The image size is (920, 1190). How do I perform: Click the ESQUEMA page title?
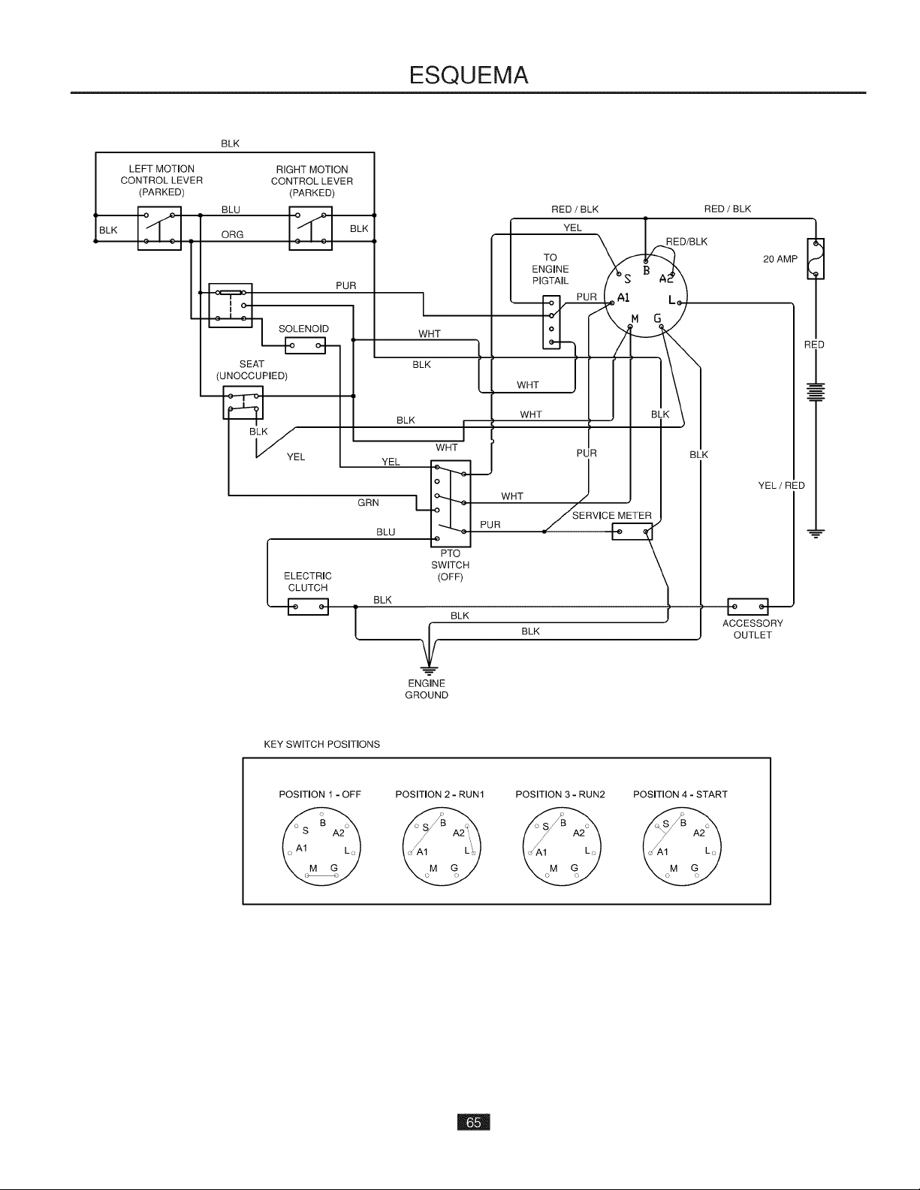coord(469,75)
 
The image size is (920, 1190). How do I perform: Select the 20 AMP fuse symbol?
coord(816,258)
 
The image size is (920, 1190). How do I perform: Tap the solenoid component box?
coord(305,345)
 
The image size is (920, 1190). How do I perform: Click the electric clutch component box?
coord(308,607)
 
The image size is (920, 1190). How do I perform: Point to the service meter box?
coord(632,532)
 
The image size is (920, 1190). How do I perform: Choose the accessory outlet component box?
coord(747,607)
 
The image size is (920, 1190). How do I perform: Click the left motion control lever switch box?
coord(159,228)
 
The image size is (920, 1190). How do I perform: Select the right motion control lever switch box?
coord(310,228)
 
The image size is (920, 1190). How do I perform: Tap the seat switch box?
coord(243,402)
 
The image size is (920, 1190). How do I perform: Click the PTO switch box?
coord(451,504)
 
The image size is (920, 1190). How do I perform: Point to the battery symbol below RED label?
coord(816,392)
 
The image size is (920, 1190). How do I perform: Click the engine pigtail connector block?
coord(551,323)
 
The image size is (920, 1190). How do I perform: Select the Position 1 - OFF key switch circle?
coord(321,847)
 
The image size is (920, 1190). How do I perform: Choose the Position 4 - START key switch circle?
coord(682,847)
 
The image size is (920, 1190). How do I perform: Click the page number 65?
coord(473,1122)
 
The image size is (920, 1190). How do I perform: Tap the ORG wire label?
coord(232,234)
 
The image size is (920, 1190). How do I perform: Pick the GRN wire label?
coord(368,503)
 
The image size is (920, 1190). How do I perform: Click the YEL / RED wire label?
coord(782,485)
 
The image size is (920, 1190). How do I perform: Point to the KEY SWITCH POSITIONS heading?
coord(322,744)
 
